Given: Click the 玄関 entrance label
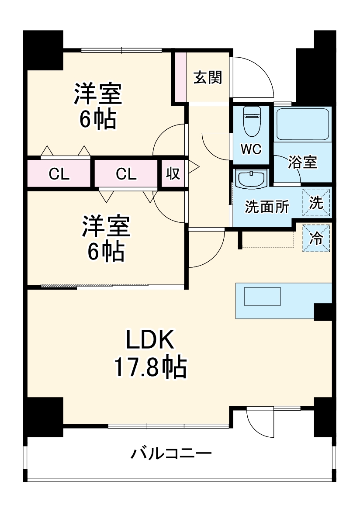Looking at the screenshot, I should [x=208, y=77].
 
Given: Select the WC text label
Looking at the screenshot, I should [x=251, y=149].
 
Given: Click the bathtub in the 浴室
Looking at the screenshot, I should [x=302, y=124].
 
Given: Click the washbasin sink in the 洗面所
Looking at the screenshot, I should [x=251, y=178].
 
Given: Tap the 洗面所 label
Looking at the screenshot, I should [x=267, y=207].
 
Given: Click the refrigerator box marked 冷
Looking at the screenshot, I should [x=316, y=238].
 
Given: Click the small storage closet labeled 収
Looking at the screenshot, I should [x=173, y=174].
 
